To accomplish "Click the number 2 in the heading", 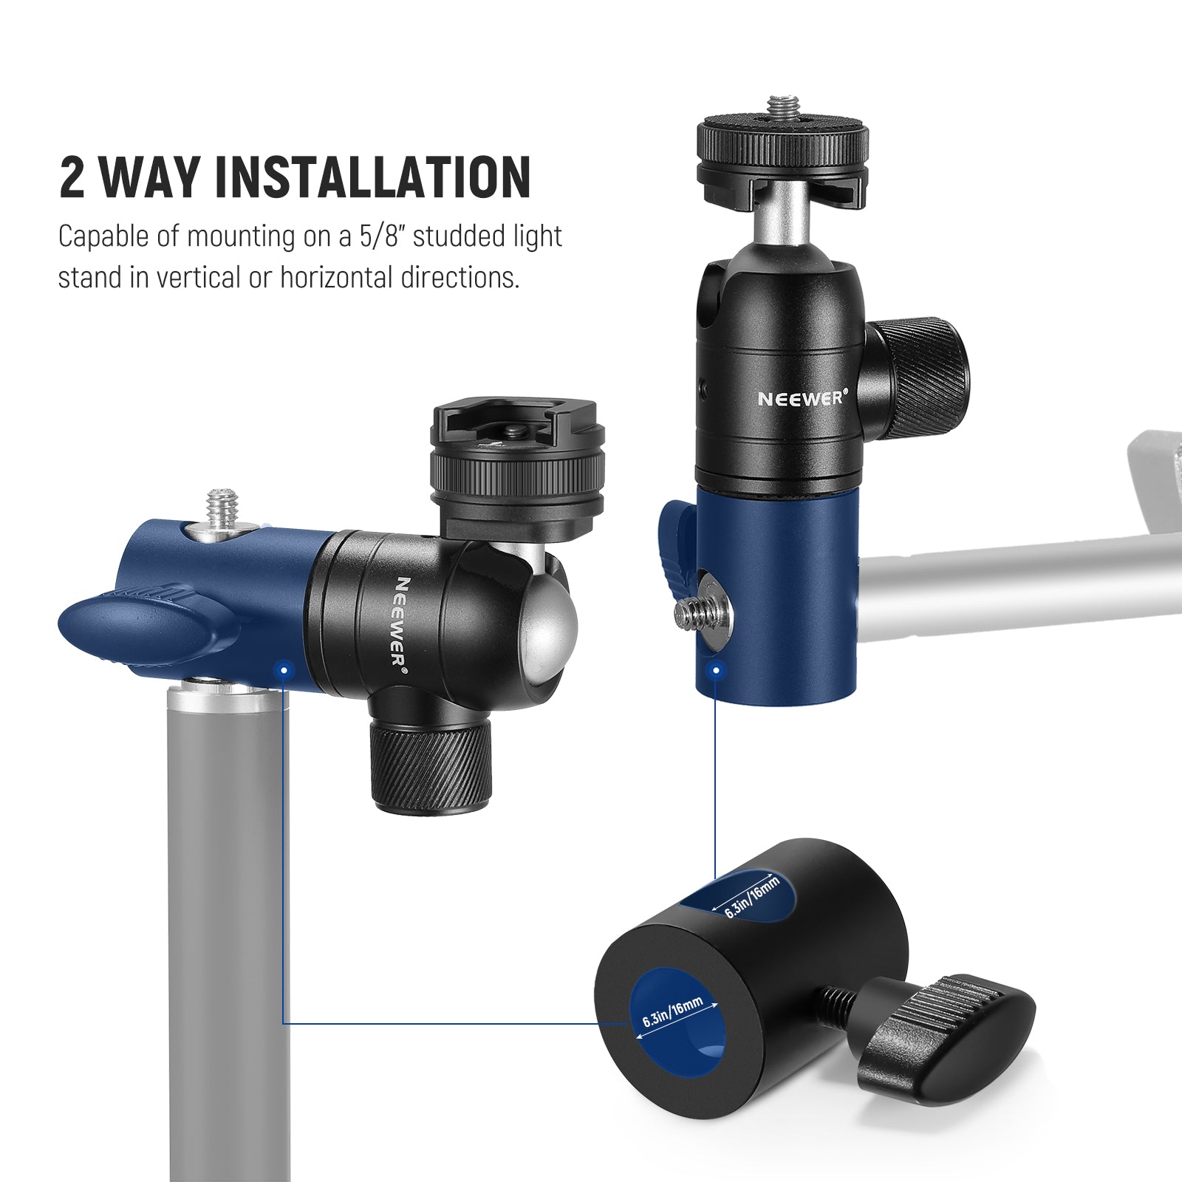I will click(72, 177).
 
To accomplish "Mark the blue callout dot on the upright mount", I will click(715, 671).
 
